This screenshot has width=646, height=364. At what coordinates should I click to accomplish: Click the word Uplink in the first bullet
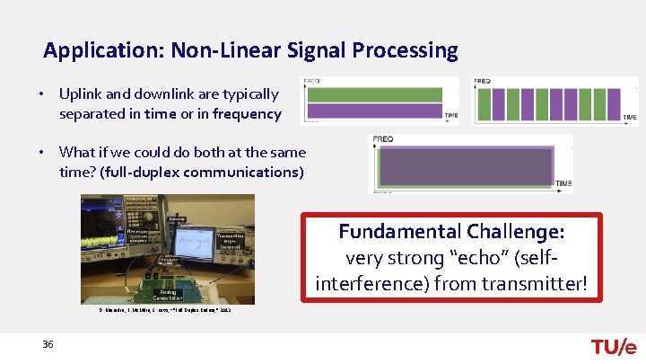79,94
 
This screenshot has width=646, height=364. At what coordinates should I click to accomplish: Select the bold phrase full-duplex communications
203,172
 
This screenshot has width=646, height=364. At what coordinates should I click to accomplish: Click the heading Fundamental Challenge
451,231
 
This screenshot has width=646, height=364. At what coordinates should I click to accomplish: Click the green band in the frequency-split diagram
374,94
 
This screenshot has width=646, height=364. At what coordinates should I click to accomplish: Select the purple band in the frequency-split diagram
374,111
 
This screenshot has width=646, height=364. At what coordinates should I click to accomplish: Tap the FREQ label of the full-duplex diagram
383,139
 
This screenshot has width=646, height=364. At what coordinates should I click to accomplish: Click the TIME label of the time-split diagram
630,117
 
